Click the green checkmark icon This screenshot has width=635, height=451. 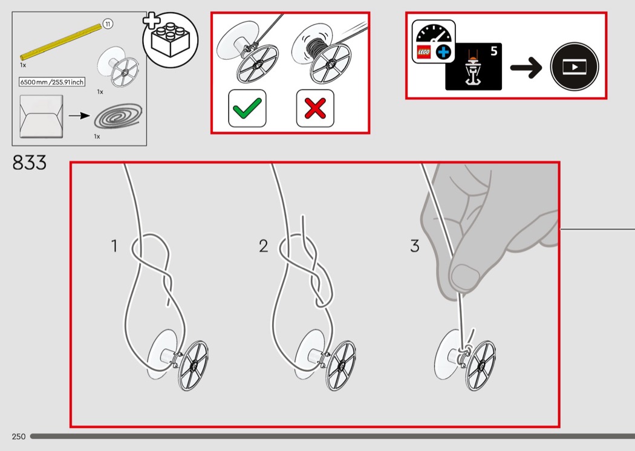tap(247, 108)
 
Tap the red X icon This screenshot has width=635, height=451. tap(315, 108)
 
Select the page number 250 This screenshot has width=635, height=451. tap(18, 436)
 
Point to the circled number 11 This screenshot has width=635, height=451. tap(108, 24)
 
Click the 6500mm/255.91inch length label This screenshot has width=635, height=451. tap(52, 82)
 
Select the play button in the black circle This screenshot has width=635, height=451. tap(573, 67)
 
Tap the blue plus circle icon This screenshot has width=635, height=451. tap(444, 53)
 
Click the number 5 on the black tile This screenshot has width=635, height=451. tap(493, 51)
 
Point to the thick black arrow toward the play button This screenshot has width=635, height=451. tap(527, 67)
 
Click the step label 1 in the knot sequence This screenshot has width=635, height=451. tap(114, 246)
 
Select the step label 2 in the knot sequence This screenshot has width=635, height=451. tap(263, 246)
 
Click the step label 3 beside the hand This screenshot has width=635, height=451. tap(414, 246)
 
